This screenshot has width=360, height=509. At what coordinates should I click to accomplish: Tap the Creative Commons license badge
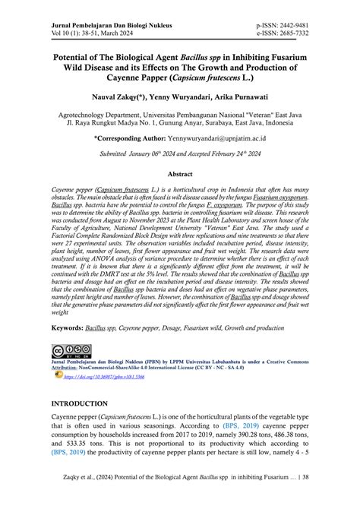pos(66,351)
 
